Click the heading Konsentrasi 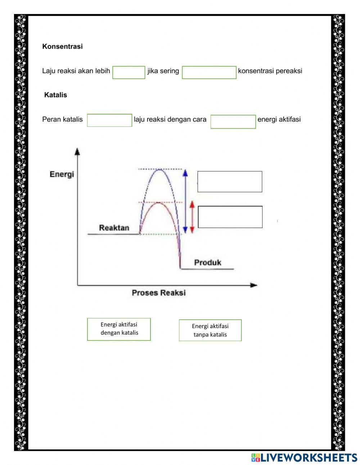62,46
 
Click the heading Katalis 55,95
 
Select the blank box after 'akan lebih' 129,72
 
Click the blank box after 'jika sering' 209,72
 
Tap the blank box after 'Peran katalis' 109,120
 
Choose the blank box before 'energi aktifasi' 233,122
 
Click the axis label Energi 62,174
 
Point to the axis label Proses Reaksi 158,293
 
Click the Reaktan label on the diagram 114,228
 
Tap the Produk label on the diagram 208,263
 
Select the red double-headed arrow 192,217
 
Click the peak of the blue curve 159,169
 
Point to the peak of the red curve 158,203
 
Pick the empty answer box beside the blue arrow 230,182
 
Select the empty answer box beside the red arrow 230,217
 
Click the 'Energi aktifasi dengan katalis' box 119,329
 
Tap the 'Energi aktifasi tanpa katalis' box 210,330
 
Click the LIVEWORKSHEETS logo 304,457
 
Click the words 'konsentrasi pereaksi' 270,71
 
